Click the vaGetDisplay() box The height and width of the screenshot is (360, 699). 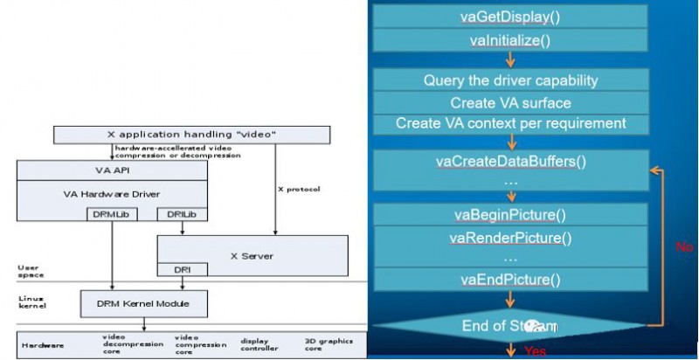click(x=510, y=17)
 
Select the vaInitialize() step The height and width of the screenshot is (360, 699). click(x=510, y=41)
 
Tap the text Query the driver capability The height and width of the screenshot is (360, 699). click(x=510, y=80)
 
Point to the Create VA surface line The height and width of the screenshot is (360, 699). click(x=510, y=102)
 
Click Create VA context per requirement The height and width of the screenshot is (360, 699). click(x=510, y=123)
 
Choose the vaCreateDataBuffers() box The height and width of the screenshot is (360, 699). click(x=510, y=162)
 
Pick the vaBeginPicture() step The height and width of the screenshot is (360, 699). click(x=510, y=216)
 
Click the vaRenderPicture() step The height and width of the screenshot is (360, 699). click(x=510, y=238)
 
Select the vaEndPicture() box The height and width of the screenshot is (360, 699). click(x=510, y=280)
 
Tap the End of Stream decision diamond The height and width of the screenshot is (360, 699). click(x=510, y=326)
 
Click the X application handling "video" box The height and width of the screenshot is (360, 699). click(x=191, y=135)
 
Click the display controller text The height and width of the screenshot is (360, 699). click(x=260, y=344)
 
